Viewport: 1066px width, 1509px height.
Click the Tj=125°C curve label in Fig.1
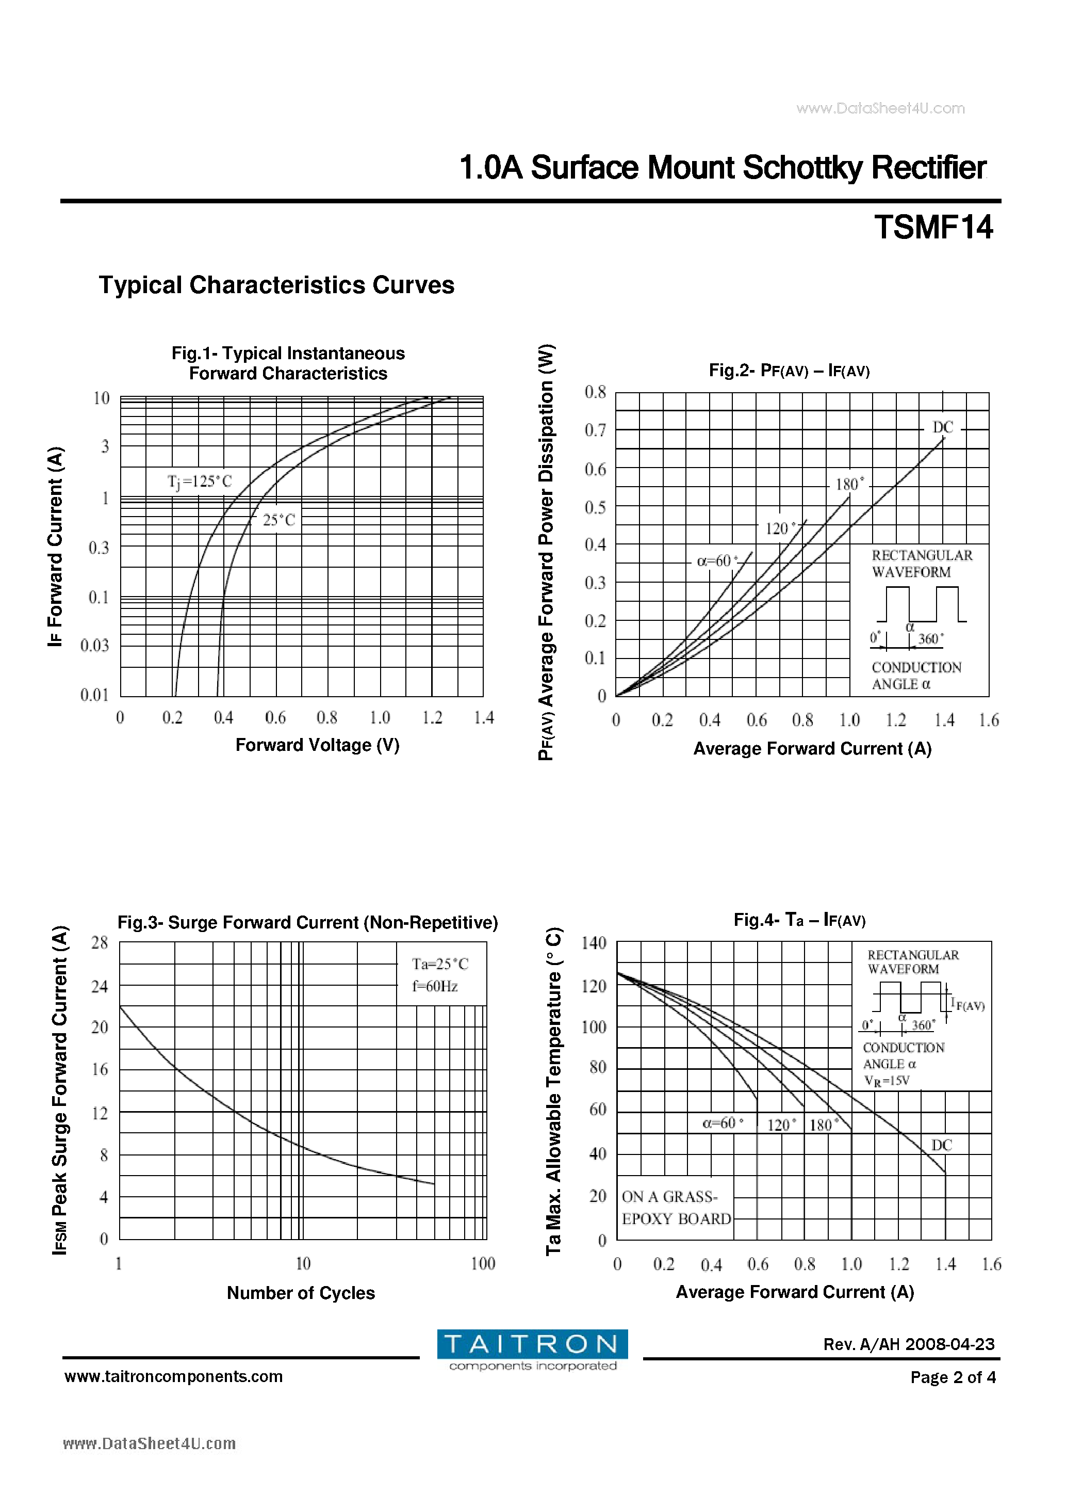200,481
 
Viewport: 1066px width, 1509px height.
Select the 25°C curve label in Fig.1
279,521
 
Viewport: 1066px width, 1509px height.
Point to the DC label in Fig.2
943,427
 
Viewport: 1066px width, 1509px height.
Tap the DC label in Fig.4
941,1145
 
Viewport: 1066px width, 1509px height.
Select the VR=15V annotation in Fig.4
887,1081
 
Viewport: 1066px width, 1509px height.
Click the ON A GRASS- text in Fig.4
669,1196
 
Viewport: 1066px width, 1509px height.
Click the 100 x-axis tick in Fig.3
483,1263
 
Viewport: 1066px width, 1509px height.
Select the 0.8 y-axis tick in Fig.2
595,392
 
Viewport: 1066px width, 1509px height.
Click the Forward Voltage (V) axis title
317,745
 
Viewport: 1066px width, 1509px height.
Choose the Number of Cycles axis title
301,1293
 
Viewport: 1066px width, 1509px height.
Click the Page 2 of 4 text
953,1377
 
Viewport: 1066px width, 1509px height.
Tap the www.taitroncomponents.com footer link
173,1376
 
